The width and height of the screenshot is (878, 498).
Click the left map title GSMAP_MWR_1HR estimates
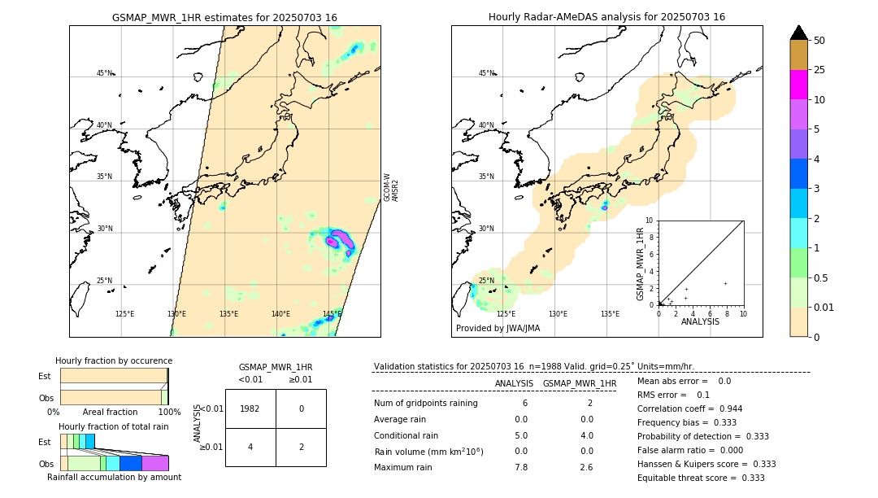224,17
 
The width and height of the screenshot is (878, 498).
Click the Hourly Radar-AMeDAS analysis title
606,17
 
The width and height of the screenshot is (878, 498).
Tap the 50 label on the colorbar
820,41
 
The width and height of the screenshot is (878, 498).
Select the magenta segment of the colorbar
799,85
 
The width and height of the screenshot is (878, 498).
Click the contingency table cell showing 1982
250,408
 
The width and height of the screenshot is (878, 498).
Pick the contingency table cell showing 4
250,447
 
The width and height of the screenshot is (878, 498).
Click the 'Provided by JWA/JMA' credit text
498,328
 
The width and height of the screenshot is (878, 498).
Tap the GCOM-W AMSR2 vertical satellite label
391,187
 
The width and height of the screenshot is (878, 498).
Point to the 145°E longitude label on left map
332,314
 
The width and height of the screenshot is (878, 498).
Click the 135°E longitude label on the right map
610,314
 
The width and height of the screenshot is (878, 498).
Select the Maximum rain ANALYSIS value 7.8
521,467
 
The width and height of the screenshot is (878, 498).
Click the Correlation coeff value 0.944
724,408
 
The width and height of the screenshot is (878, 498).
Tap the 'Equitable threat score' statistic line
701,478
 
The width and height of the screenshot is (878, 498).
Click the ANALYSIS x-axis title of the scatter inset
700,321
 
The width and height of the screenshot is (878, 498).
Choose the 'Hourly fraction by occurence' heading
114,360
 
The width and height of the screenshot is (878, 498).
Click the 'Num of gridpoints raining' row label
425,404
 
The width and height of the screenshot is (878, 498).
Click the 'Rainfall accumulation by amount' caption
114,477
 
